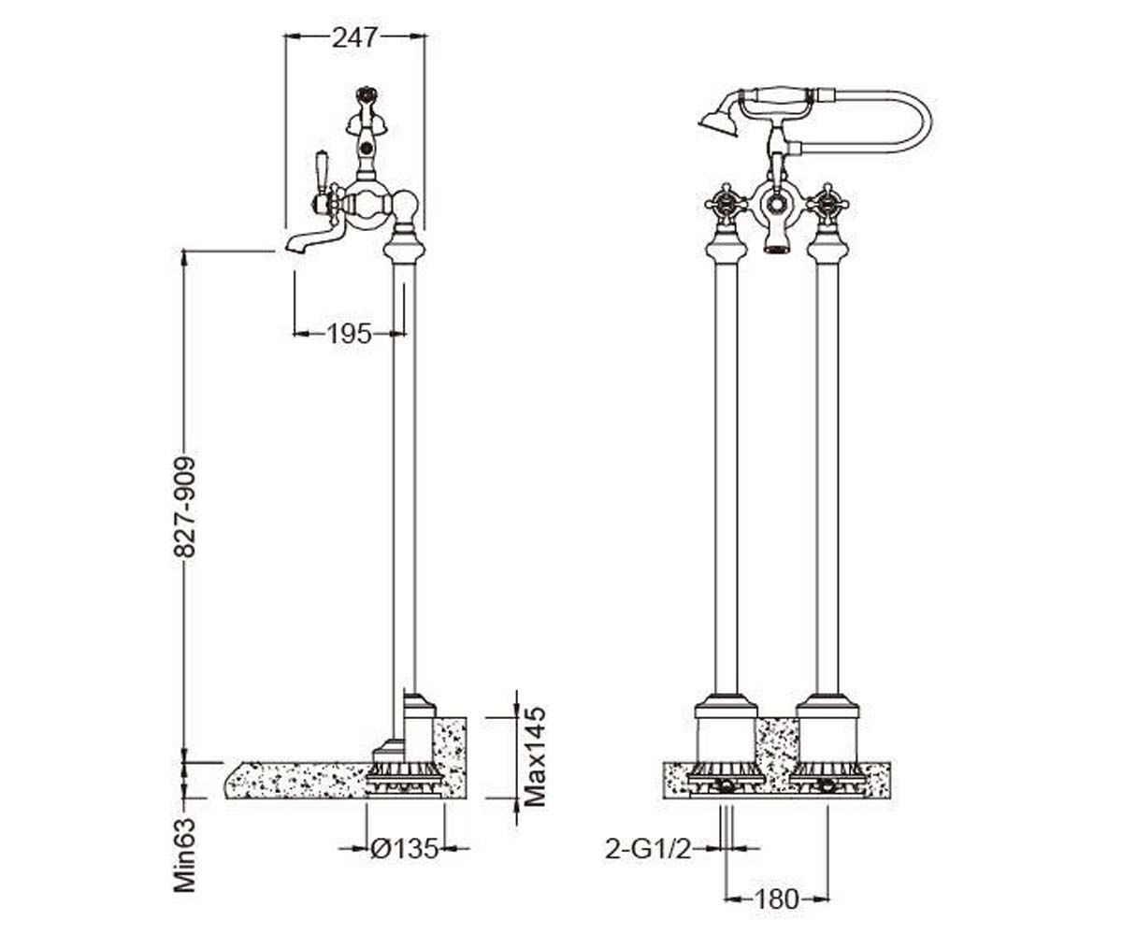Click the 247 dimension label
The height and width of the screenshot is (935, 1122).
click(354, 37)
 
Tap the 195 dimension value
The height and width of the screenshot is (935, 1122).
click(349, 334)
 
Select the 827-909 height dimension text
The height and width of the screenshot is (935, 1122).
click(185, 508)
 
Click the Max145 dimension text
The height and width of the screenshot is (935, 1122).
click(534, 756)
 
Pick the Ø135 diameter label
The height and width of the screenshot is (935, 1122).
click(405, 848)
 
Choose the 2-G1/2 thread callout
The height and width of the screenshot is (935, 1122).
click(648, 849)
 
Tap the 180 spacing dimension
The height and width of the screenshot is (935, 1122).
click(777, 899)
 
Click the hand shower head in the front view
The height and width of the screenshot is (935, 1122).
click(715, 121)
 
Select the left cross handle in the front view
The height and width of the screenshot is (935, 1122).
click(726, 205)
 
